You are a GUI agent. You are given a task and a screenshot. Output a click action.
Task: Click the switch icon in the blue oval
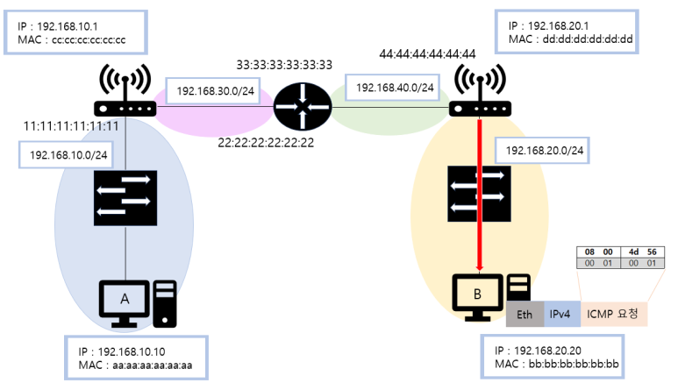(x=124, y=197)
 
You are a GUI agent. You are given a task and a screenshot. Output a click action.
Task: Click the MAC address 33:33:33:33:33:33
(x=284, y=64)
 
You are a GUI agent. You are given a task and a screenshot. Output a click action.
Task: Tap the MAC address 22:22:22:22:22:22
(x=265, y=141)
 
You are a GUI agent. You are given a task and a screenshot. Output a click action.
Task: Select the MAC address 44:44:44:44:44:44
(x=427, y=54)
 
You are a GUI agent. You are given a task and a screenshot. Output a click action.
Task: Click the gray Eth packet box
(x=525, y=313)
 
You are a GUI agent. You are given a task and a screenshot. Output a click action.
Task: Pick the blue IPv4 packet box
(x=560, y=313)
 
